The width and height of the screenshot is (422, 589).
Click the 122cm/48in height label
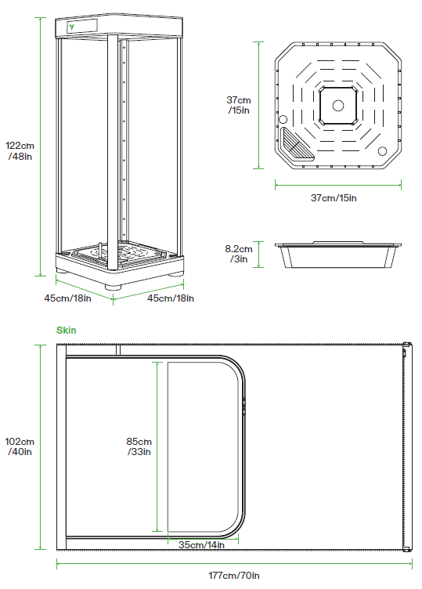click(19, 150)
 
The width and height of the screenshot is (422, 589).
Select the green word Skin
click(66, 331)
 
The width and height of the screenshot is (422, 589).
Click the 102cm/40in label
click(19, 446)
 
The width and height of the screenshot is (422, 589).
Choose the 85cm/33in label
click(139, 446)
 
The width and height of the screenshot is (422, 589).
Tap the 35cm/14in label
click(201, 544)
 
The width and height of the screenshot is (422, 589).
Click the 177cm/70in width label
click(234, 576)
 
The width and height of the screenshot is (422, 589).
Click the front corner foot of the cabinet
click(116, 286)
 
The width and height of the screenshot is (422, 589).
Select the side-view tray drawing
click(338, 254)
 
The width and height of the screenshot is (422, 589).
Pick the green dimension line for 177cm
click(234, 562)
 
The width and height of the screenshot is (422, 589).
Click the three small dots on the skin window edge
click(245, 405)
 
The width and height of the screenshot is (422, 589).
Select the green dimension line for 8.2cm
click(258, 254)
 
